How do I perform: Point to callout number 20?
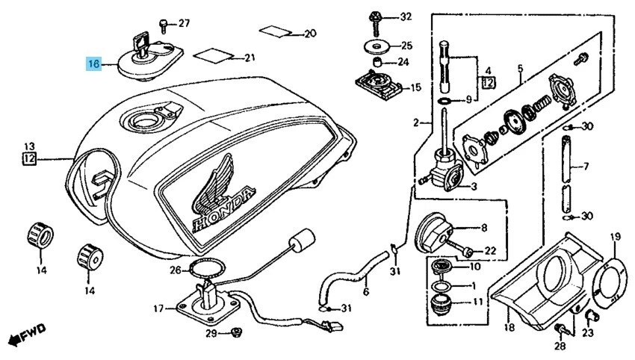pos(310,34)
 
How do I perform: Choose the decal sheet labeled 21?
pos(211,56)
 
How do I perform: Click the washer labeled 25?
pos(376,46)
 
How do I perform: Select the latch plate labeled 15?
pos(377,85)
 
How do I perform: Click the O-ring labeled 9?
pos(444,99)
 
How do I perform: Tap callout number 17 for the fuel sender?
pos(158,308)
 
